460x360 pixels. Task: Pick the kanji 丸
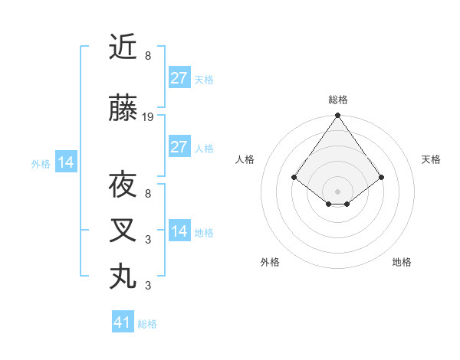123,275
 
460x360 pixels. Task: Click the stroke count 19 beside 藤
148,117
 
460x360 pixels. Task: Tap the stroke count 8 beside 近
148,55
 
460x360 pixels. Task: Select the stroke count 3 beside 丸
148,286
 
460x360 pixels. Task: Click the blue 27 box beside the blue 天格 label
179,78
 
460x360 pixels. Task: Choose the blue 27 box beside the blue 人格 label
179,147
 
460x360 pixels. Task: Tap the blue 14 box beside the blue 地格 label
179,231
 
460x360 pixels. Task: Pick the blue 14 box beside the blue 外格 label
66,162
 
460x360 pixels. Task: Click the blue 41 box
123,322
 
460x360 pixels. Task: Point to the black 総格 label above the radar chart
338,100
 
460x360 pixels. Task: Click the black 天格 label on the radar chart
431,159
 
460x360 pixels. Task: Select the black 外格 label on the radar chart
270,262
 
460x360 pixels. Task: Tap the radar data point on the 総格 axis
338,116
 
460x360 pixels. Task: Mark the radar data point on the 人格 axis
294,177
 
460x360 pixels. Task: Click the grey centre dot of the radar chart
338,191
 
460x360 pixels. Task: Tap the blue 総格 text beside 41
147,324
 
